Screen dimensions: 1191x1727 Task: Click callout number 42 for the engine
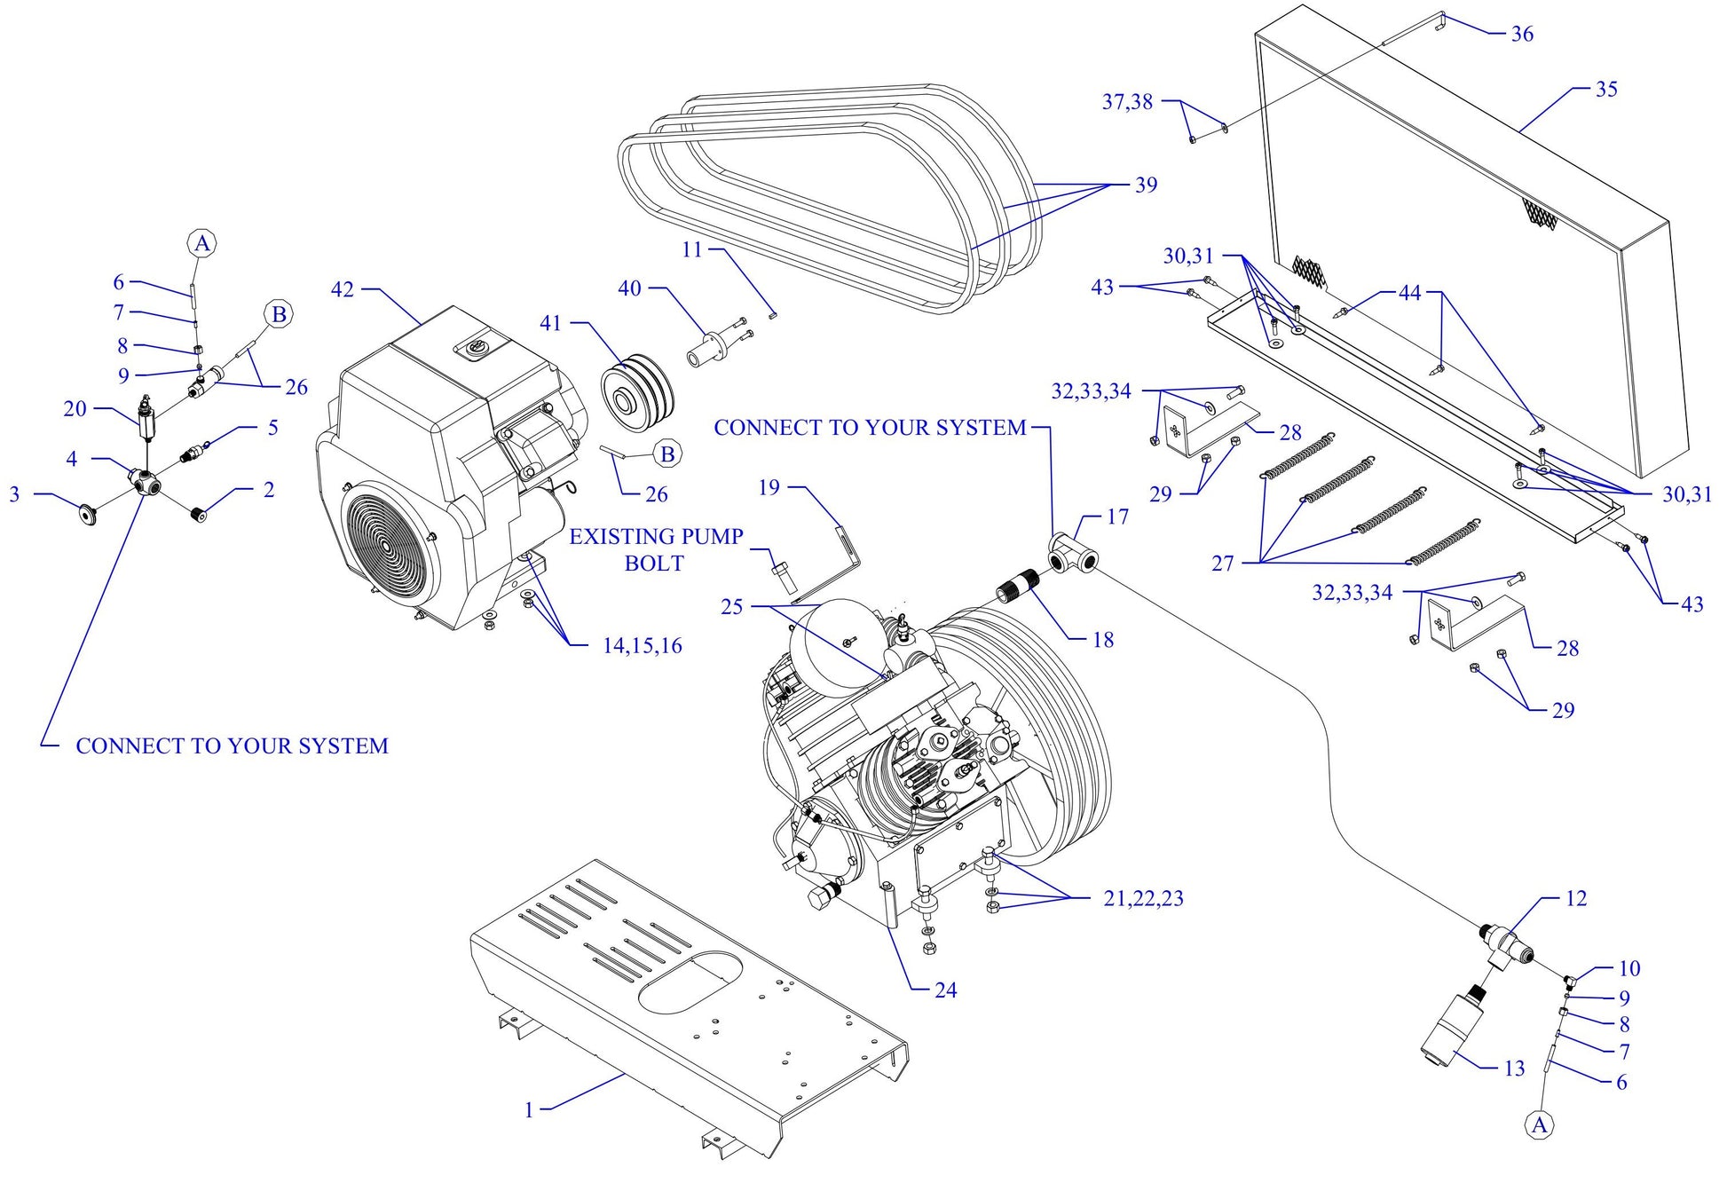coord(342,289)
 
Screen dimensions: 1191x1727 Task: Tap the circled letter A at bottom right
coord(1539,1125)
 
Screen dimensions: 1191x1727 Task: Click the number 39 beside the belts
coord(1146,185)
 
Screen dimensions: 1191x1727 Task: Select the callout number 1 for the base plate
coord(529,1110)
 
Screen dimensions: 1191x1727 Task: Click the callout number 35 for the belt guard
coord(1606,89)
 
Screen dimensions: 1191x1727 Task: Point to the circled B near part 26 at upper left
coord(279,314)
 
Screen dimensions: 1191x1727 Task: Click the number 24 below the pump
coord(945,990)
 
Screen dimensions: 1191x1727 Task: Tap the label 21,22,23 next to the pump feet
coord(1143,898)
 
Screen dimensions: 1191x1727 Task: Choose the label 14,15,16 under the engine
coord(643,646)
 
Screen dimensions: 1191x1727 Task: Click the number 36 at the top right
coord(1522,34)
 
